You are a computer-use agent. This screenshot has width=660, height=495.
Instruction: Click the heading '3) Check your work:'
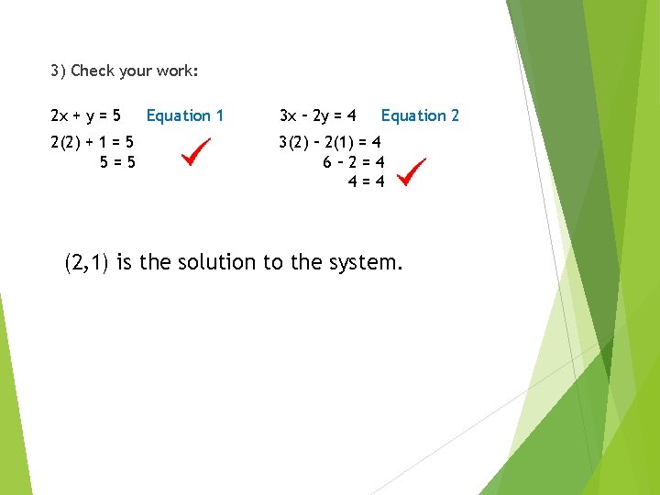coord(125,71)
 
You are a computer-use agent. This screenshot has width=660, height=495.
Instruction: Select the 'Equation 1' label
coord(185,115)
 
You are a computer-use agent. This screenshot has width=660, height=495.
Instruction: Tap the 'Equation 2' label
coord(420,115)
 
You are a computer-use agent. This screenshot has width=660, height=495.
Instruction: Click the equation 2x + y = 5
coord(86,115)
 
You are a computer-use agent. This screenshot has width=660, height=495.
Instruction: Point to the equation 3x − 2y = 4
coord(317,115)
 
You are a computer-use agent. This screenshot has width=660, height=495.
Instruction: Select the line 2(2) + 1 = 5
coord(93,143)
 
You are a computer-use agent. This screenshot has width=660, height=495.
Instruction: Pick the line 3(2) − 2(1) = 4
coord(332,143)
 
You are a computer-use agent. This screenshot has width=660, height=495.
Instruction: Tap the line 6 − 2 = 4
coord(354,162)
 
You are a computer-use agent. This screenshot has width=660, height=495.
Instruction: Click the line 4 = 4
coord(366,181)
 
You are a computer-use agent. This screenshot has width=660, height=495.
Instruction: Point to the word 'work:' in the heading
coord(178,71)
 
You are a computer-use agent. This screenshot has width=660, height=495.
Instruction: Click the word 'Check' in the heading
coord(90,71)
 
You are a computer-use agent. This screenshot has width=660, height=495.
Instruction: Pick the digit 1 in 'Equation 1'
coord(219,115)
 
